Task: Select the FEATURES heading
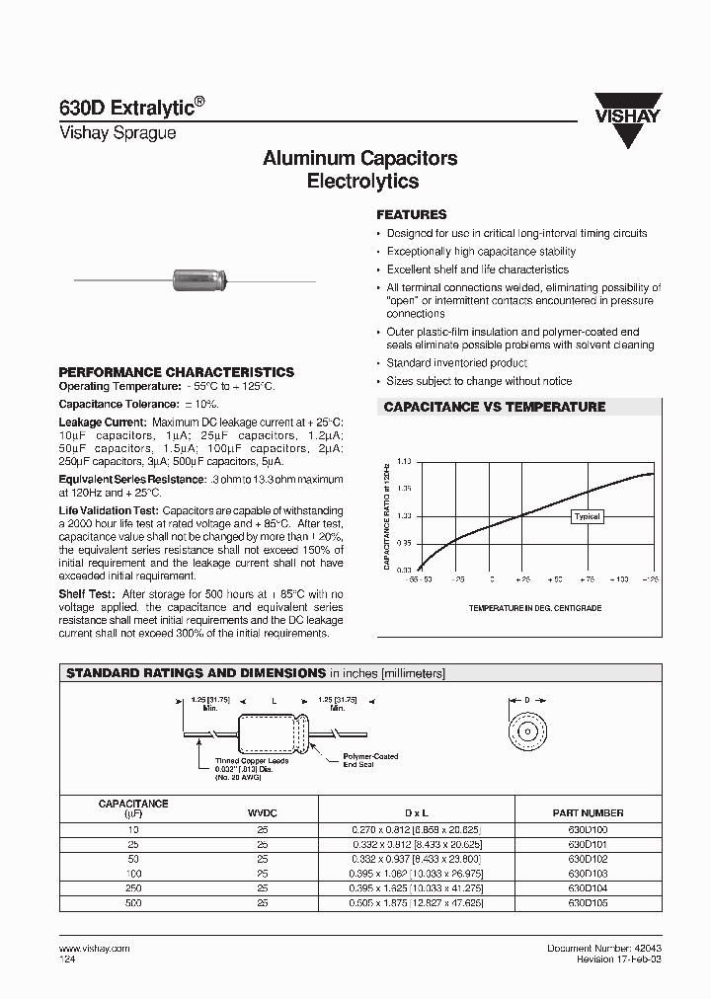(x=412, y=214)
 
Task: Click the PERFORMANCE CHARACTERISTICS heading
(x=177, y=372)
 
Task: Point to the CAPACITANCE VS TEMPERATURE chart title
(x=494, y=407)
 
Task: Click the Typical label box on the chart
(x=587, y=516)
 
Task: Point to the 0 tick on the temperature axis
(x=491, y=579)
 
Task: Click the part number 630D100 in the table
(x=588, y=830)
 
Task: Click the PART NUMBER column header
(x=588, y=812)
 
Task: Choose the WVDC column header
(x=262, y=812)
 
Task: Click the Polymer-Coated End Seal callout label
(x=370, y=759)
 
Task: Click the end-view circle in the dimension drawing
(x=527, y=731)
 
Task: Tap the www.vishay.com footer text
(x=88, y=948)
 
